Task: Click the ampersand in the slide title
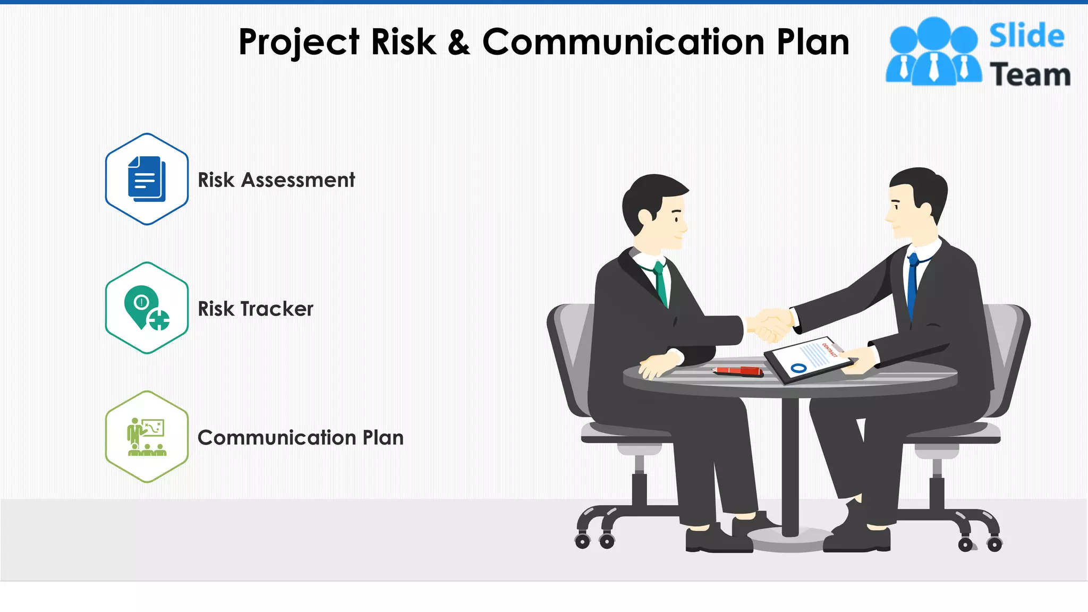tap(458, 42)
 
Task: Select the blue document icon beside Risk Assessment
tap(147, 179)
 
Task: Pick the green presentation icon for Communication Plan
tap(147, 437)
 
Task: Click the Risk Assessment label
tap(276, 180)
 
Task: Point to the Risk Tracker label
tap(256, 309)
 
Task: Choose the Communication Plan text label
tap(301, 438)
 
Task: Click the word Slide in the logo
tap(1026, 36)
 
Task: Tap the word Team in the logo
tap(1030, 75)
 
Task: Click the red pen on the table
tap(738, 371)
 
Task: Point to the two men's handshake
tap(771, 324)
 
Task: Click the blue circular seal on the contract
tap(798, 368)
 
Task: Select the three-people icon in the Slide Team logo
tap(933, 52)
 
